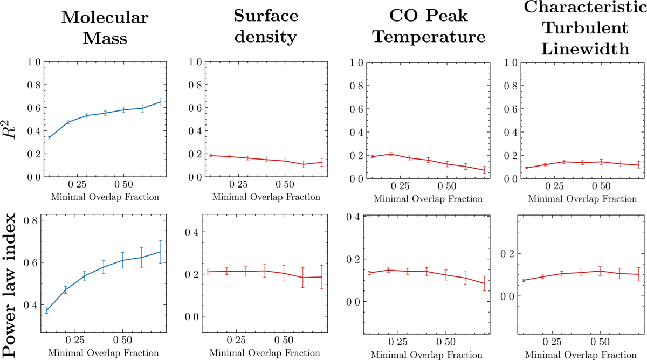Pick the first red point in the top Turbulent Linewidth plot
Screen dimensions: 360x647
[526, 168]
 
